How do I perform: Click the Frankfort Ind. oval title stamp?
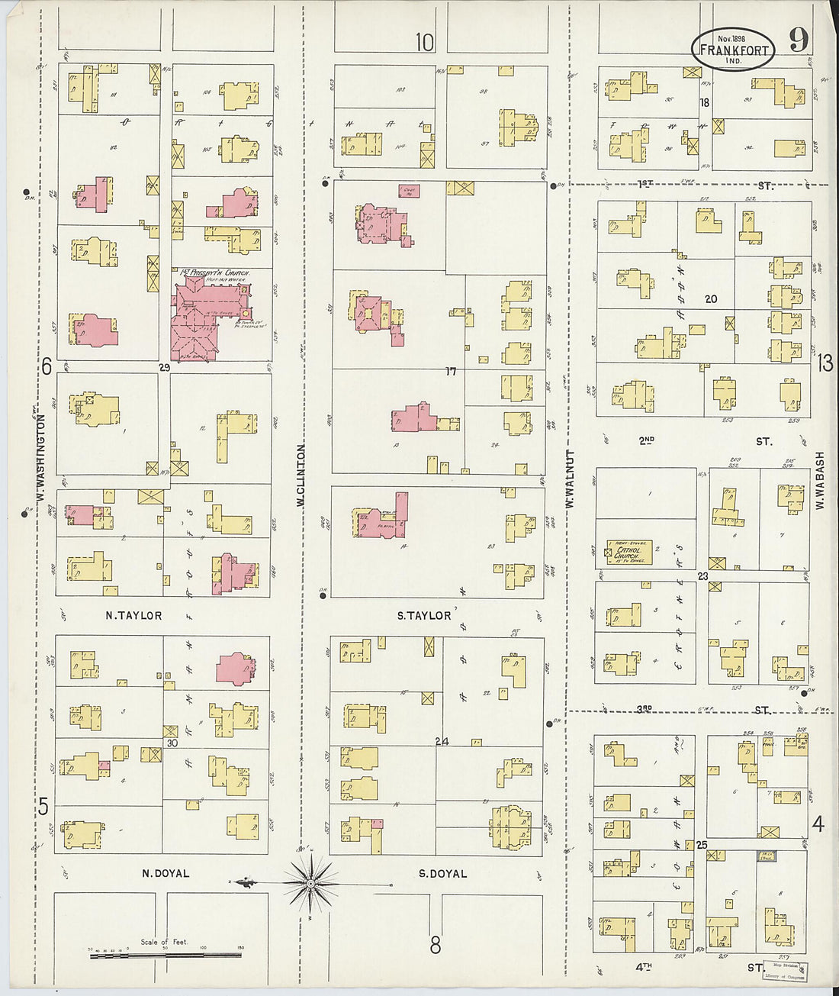[733, 49]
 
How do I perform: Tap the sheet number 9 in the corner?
[799, 40]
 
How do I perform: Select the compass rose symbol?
[310, 885]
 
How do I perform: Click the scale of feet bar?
[166, 954]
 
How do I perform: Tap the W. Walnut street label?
[569, 479]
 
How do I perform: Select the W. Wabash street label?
[821, 480]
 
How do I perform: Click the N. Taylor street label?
[133, 615]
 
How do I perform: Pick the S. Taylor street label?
[425, 615]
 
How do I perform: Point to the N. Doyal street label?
[165, 873]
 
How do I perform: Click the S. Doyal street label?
[442, 873]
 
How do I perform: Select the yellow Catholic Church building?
[629, 552]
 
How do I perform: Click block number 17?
[451, 372]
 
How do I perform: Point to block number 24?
[442, 741]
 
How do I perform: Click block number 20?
[711, 299]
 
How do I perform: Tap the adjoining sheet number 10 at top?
[425, 43]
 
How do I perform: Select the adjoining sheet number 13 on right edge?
[825, 363]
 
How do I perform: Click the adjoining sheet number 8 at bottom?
[435, 946]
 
